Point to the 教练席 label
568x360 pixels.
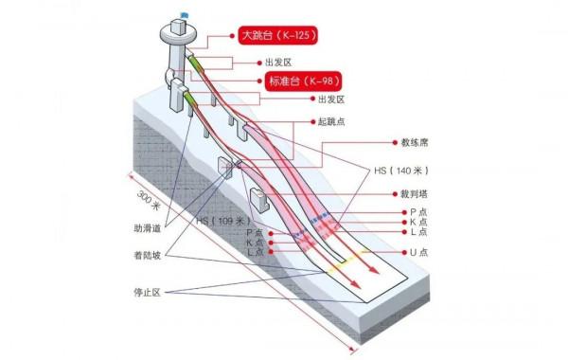(x=413, y=143)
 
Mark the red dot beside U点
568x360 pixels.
(x=401, y=252)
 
